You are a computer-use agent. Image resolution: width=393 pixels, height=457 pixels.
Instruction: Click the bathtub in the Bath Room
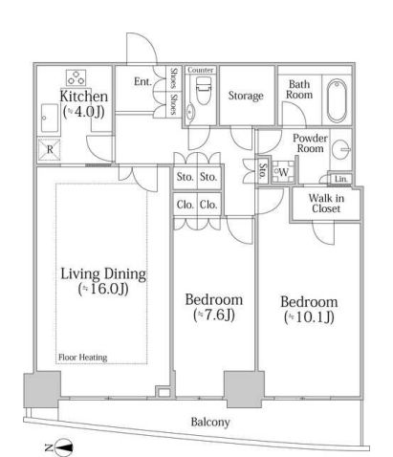pyautogui.click(x=337, y=100)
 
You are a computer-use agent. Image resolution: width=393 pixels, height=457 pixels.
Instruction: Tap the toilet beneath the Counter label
pyautogui.click(x=203, y=90)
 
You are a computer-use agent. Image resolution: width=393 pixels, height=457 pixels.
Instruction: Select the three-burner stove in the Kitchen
pyautogui.click(x=76, y=77)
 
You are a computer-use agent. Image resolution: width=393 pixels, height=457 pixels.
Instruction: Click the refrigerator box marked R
pyautogui.click(x=50, y=149)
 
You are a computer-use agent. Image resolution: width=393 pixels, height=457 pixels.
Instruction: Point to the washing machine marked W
pyautogui.click(x=282, y=172)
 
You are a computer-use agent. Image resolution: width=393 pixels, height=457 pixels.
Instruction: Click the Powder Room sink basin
pyautogui.click(x=340, y=149)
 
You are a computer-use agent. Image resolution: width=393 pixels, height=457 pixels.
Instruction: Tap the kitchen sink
pyautogui.click(x=50, y=118)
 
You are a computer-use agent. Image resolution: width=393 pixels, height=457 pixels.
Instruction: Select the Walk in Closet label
pyautogui.click(x=326, y=204)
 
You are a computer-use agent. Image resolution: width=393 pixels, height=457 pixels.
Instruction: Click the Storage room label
pyautogui.click(x=246, y=96)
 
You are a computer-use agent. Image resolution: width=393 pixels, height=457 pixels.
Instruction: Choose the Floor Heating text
pyautogui.click(x=83, y=358)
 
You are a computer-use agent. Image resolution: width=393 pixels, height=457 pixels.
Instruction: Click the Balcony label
pyautogui.click(x=210, y=422)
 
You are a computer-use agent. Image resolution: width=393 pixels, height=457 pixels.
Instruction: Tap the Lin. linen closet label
pyautogui.click(x=341, y=179)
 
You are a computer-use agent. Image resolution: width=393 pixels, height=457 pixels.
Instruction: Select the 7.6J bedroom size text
pyautogui.click(x=214, y=315)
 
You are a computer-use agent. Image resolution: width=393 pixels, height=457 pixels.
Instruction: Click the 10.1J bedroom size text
pyautogui.click(x=309, y=317)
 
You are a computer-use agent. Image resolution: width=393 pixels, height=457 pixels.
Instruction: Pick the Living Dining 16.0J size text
pyautogui.click(x=103, y=289)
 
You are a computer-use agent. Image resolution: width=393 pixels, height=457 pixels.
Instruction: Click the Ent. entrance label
pyautogui.click(x=142, y=81)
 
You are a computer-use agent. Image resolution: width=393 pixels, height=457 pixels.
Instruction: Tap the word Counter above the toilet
pyautogui.click(x=201, y=70)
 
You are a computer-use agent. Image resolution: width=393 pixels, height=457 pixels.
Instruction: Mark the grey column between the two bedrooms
pyautogui.click(x=244, y=389)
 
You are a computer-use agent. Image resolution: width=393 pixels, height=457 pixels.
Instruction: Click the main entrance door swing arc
pyautogui.click(x=148, y=40)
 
